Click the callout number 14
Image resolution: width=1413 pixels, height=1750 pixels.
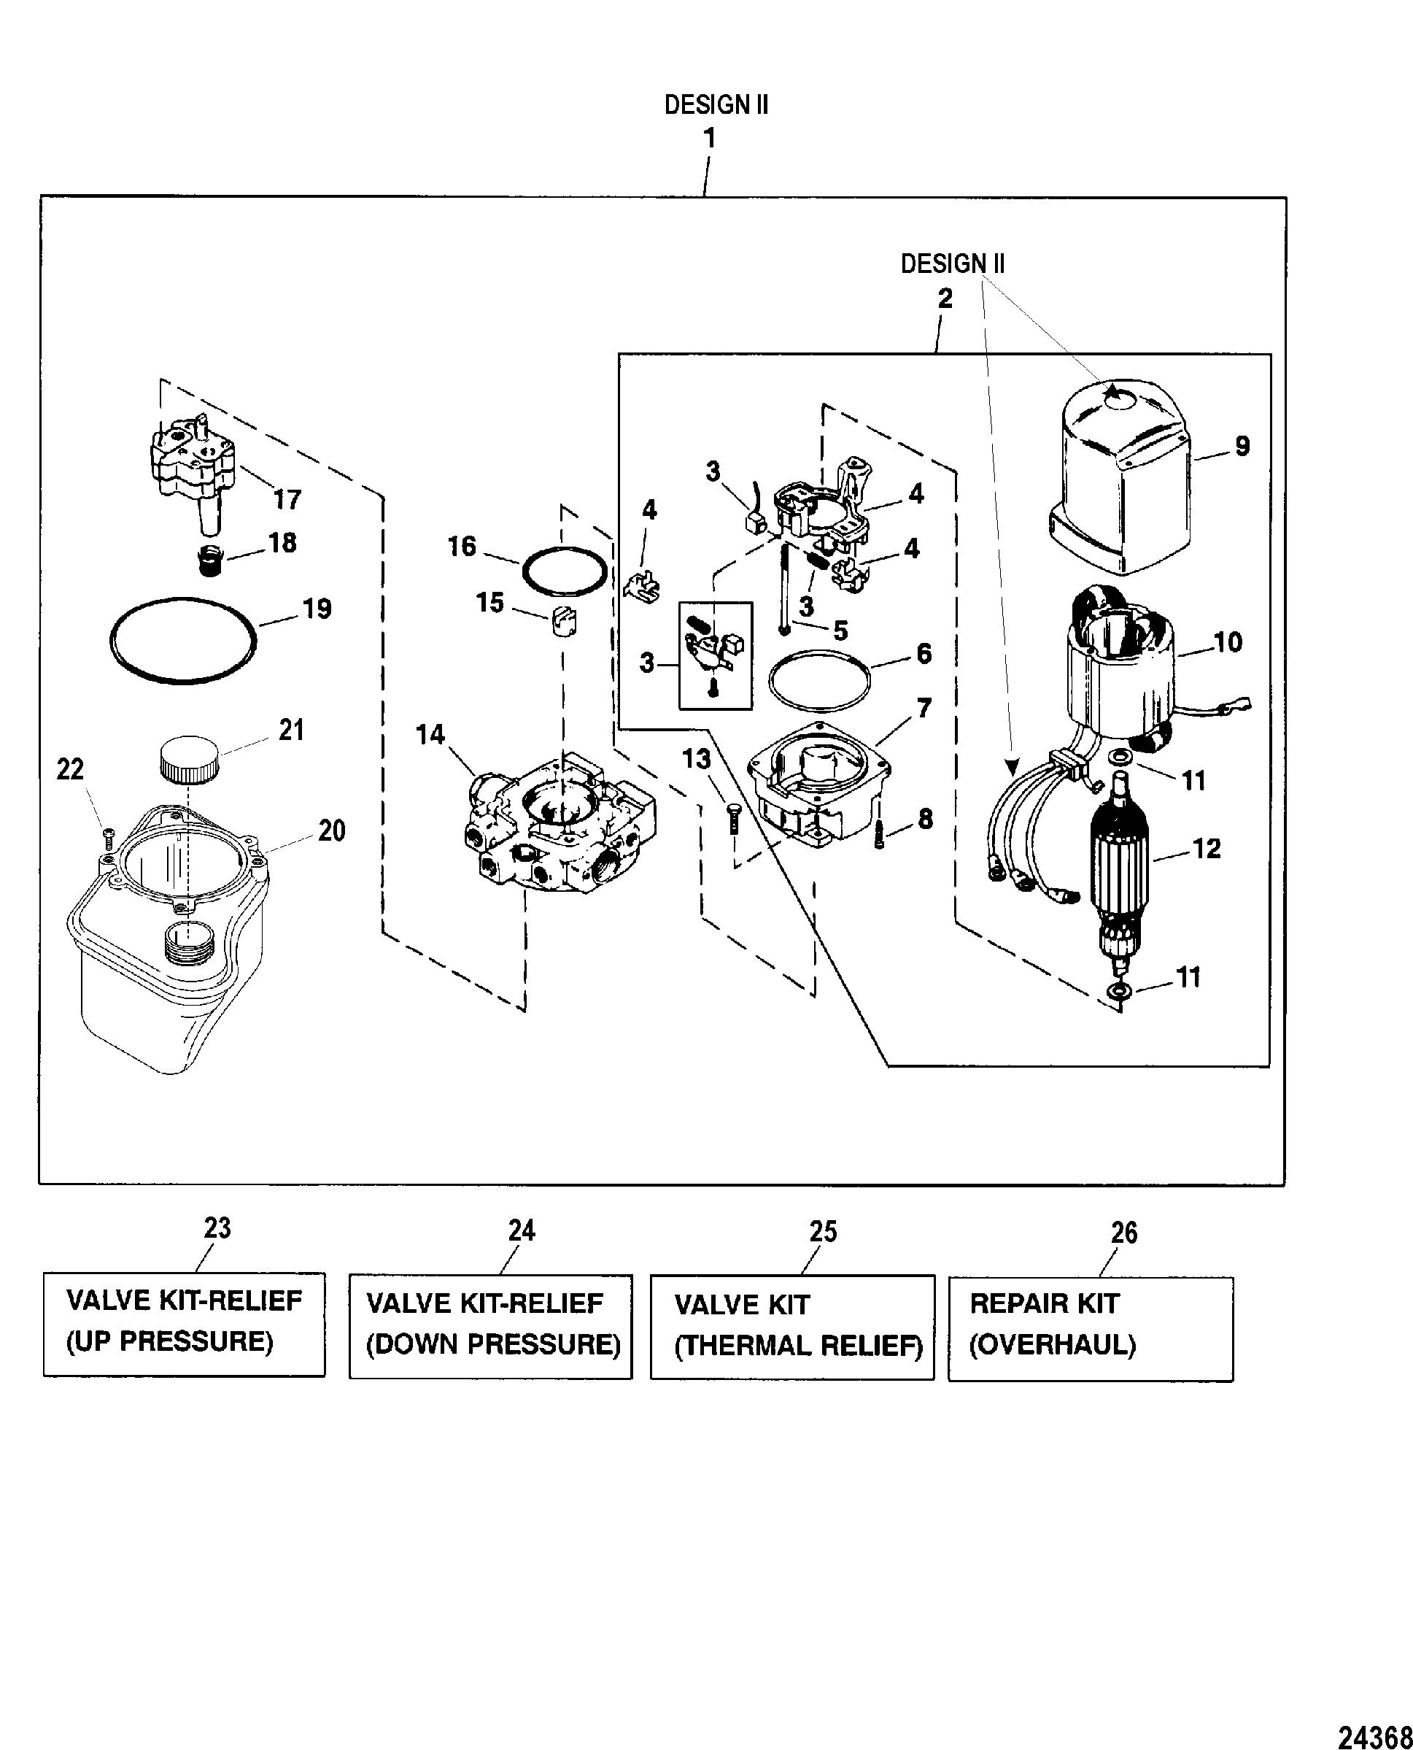tap(430, 735)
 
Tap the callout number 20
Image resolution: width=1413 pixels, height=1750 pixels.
tap(330, 830)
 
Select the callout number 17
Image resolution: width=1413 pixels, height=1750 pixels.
tap(287, 498)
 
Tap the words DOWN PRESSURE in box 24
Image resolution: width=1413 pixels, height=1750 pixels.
tap(493, 1344)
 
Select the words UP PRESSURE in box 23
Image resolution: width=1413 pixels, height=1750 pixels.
tap(169, 1341)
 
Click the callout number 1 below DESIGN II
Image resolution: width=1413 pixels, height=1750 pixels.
tap(710, 139)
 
